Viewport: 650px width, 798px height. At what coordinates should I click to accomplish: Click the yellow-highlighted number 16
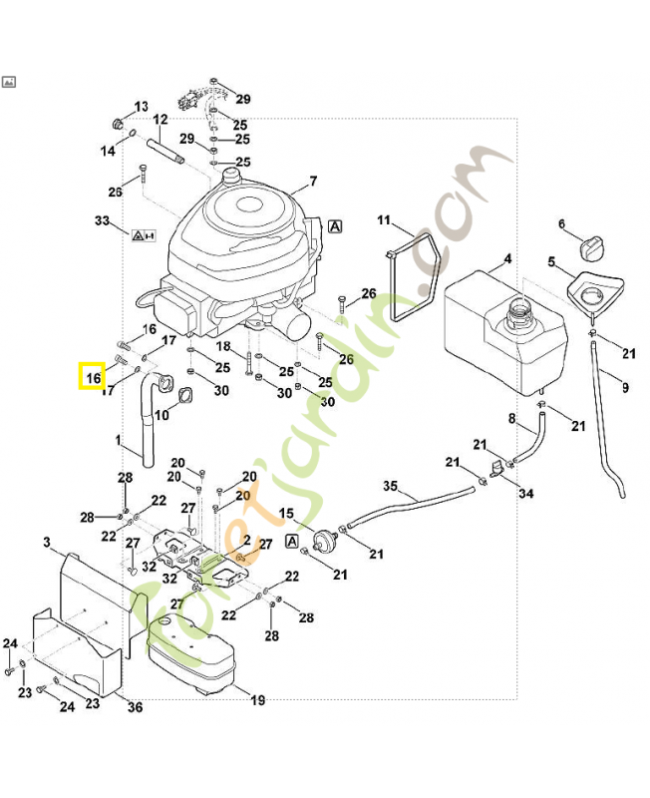[92, 377]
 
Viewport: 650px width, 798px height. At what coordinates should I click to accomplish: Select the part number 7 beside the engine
[312, 182]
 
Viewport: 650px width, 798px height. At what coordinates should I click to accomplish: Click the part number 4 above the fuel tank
[507, 259]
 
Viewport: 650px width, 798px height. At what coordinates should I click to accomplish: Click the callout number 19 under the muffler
[257, 701]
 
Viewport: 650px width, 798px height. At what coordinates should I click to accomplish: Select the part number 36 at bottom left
[135, 707]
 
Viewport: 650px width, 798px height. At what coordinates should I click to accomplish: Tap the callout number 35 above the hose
[391, 487]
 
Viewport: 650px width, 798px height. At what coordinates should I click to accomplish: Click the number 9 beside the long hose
[625, 387]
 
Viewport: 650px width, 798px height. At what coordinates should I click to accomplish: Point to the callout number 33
[101, 220]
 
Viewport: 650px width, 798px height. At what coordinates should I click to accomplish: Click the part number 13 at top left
[141, 107]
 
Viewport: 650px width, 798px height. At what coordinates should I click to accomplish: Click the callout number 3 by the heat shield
[47, 542]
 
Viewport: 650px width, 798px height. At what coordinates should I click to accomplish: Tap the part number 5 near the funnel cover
[551, 261]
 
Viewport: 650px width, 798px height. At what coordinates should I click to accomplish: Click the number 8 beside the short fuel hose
[512, 418]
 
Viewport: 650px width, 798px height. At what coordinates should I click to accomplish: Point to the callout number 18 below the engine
[223, 346]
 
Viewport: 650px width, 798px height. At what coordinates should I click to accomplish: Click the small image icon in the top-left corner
[9, 82]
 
